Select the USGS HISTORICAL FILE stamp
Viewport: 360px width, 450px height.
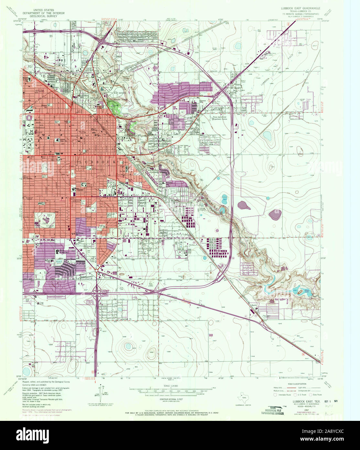coord(273,410)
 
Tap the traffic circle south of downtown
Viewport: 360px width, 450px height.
coord(97,270)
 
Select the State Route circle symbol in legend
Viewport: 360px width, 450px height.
coord(311,395)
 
